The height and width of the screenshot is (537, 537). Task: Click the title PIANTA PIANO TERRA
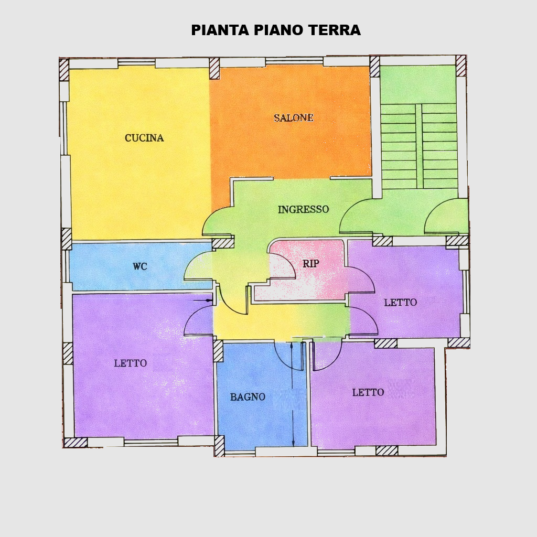275,30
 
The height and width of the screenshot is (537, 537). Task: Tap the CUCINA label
144,138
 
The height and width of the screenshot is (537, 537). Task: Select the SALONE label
293,118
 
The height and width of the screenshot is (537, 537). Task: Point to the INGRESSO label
303,209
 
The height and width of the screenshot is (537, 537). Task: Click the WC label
139,266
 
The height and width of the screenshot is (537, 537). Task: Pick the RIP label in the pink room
310,264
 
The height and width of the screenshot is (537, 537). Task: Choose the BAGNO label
248,397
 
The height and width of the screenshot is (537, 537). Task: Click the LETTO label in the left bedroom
130,363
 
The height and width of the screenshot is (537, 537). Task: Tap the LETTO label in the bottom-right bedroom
368,392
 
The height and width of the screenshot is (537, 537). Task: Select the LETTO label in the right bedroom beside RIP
400,303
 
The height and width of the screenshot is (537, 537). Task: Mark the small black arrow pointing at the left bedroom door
209,300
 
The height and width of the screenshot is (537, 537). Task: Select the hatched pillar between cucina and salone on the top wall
214,69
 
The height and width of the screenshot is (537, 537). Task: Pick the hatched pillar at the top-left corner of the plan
64,70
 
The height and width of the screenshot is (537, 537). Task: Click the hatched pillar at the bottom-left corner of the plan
76,442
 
